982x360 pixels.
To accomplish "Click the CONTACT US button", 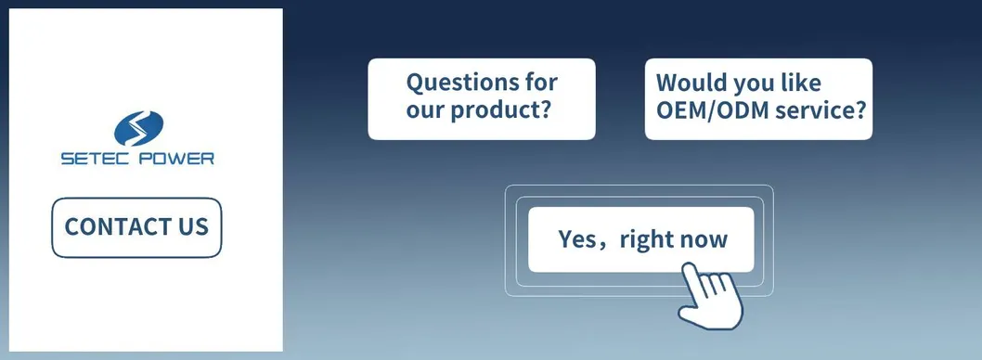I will pos(136,227).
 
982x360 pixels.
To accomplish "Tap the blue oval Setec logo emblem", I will pos(137,128).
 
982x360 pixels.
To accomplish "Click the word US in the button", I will pos(192,227).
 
